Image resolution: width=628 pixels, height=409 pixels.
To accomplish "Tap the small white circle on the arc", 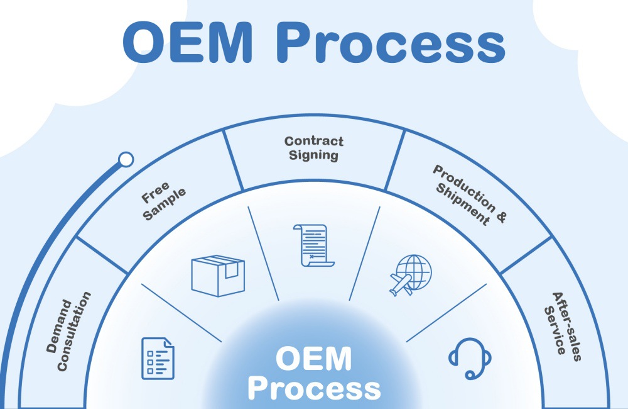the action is [126, 159].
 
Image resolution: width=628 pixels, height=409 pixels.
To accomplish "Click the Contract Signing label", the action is [313, 148].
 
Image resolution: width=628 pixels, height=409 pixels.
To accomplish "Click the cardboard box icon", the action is [217, 275].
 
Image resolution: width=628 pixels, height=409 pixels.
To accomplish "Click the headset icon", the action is [470, 357].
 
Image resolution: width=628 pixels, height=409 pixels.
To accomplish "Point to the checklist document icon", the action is [158, 357].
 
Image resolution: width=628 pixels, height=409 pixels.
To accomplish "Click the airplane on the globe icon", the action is [401, 284].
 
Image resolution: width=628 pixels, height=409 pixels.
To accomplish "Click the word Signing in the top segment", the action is [313, 155].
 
